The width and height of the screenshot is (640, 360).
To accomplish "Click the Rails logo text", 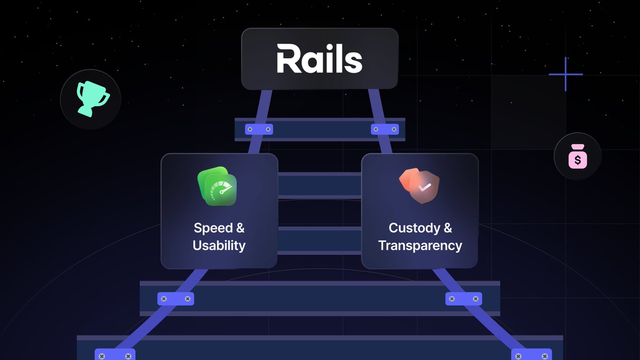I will tap(319, 59).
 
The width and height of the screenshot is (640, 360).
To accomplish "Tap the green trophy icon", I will tap(91, 99).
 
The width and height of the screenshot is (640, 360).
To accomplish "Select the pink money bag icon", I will tap(578, 156).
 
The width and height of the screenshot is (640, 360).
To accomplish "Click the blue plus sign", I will tap(565, 74).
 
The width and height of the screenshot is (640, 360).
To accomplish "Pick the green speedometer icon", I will tap(217, 187).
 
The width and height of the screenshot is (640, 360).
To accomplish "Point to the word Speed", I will tap(212, 228).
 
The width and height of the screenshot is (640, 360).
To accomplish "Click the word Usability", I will tap(219, 246).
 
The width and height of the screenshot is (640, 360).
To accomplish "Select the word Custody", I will tap(414, 228).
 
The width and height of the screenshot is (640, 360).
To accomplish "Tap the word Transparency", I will tap(420, 246).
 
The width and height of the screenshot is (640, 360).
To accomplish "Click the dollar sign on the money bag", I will tap(578, 158).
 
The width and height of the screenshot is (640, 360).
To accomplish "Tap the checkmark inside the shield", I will tap(425, 188).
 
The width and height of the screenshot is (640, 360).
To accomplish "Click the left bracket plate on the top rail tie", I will tap(259, 129).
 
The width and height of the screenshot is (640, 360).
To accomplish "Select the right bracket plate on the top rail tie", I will tap(385, 129).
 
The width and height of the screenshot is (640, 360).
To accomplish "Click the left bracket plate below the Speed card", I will tap(175, 299).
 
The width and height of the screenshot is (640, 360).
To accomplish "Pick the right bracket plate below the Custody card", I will tap(463, 299).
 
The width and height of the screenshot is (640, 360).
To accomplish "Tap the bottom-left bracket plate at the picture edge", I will tap(115, 355).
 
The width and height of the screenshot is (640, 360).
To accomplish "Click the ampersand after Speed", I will tap(240, 228).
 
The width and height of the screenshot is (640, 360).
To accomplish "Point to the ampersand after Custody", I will tap(447, 228).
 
